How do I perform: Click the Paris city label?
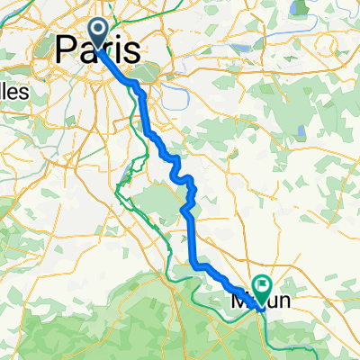98,49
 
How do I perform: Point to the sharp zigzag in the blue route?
188,193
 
